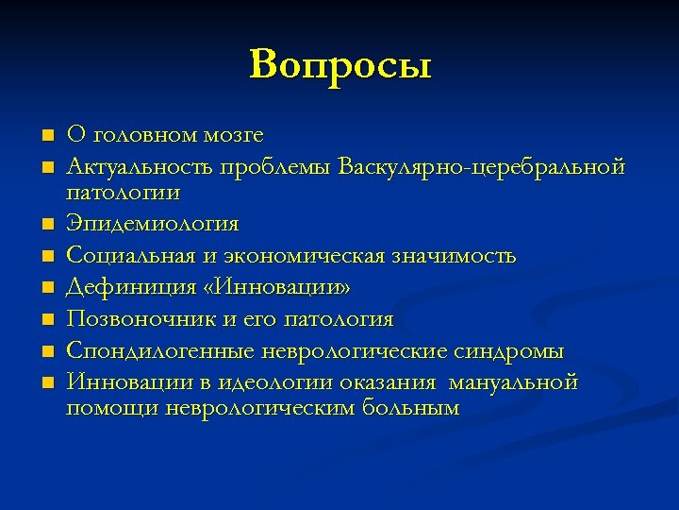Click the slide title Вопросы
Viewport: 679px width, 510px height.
click(x=340, y=66)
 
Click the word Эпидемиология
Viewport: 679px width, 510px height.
click(x=152, y=225)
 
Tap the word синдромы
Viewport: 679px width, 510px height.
click(x=508, y=351)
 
